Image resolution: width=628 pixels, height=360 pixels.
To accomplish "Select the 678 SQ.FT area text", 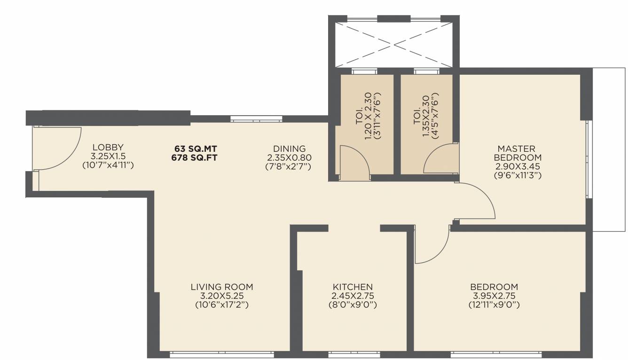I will point(195,157).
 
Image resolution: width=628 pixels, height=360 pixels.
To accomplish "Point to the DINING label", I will point(289,149).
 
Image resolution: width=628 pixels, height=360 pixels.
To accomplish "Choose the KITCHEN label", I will point(353,287).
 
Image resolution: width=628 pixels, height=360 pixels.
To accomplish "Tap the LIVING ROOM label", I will point(222,287).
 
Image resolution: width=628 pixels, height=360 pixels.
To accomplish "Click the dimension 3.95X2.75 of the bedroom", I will point(494,296).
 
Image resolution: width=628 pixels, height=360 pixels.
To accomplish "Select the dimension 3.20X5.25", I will point(222,296).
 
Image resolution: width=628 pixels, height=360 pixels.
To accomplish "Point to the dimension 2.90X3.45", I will point(518,166).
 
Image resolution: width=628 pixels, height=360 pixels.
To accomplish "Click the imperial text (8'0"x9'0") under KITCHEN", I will point(353,305).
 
